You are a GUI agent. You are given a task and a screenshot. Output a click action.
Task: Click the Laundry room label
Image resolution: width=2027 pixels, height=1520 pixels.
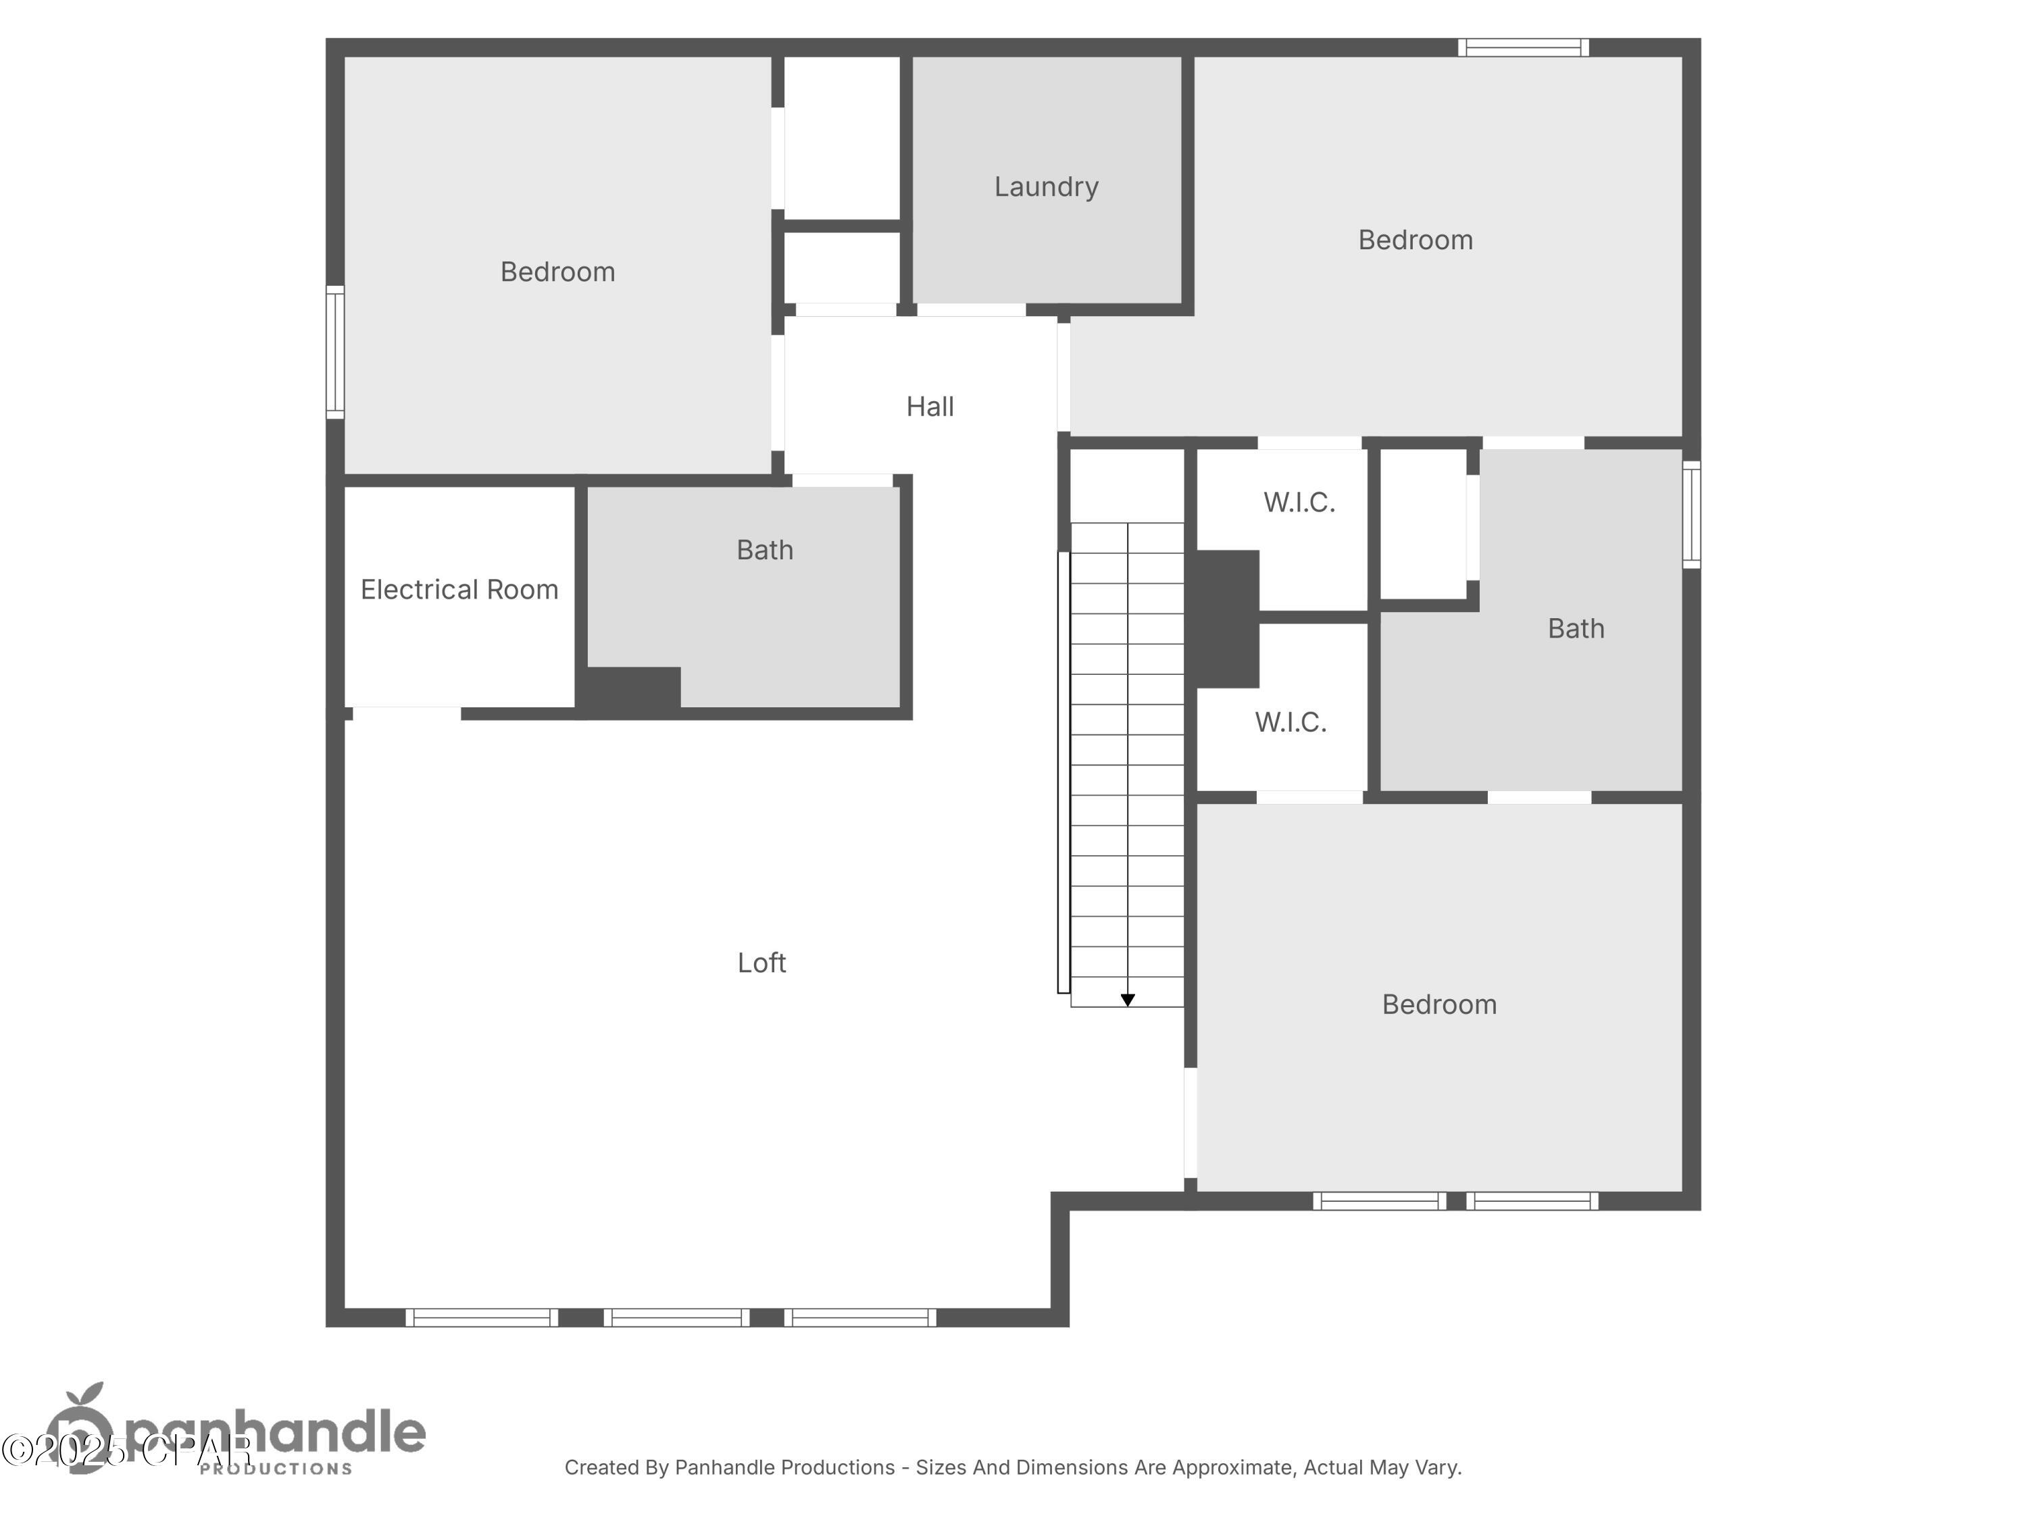coord(1045,187)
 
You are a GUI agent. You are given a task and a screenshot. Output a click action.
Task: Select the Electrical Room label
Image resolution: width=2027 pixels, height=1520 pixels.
coord(459,589)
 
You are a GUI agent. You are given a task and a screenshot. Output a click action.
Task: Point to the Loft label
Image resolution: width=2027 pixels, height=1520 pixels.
coord(761,963)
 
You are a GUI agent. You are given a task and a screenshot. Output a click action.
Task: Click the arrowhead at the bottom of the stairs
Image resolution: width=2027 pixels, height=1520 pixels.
coord(1127,1000)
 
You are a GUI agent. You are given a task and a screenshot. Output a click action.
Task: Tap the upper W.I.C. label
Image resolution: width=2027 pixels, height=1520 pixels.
coord(1299,502)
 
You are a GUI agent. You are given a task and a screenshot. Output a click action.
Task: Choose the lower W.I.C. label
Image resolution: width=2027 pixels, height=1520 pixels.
coord(1291,722)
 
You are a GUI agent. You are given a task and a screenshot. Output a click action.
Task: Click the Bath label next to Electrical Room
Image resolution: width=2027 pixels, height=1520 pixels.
coord(764,550)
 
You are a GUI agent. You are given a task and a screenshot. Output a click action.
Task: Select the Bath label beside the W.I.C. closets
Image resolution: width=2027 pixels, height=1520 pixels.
coord(1575,628)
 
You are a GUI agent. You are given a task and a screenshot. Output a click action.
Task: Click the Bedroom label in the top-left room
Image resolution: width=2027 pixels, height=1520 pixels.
coord(557,272)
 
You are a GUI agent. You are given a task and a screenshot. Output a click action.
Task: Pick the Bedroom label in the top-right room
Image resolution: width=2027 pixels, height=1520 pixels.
coord(1415,240)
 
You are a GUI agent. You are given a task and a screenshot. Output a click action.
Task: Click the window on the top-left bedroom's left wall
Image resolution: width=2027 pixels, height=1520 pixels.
coord(335,352)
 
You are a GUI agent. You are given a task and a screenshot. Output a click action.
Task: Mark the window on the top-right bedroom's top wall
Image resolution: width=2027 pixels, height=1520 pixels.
coord(1523,48)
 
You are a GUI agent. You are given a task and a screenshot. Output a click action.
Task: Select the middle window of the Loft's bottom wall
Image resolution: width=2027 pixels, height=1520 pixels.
coord(676,1317)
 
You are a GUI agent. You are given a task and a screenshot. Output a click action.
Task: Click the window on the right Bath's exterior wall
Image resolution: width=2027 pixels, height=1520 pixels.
coord(1692,514)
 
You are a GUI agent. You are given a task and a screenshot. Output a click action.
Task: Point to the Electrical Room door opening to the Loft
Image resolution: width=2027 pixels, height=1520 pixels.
coord(406,713)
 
